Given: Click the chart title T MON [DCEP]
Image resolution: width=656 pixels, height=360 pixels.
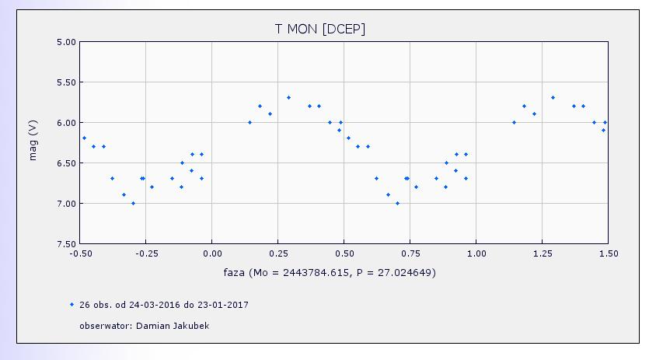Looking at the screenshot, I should pyautogui.click(x=319, y=29).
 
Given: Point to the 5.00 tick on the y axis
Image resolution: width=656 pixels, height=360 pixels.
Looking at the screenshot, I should pyautogui.click(x=67, y=42).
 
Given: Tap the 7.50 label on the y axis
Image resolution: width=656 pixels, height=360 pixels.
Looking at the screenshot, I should pyautogui.click(x=67, y=244).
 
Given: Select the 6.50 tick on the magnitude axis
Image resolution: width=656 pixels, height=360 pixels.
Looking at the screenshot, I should pyautogui.click(x=67, y=163).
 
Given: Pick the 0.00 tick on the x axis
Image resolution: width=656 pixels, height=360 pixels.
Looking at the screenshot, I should pyautogui.click(x=211, y=253).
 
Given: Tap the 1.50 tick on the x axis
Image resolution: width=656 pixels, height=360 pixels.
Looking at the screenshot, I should pyautogui.click(x=608, y=253).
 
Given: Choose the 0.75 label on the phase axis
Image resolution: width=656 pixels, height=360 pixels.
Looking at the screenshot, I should pyautogui.click(x=410, y=253).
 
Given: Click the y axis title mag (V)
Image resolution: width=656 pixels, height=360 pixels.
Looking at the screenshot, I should pyautogui.click(x=33, y=139).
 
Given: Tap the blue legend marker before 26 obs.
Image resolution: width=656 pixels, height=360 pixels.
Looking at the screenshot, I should pyautogui.click(x=72, y=305).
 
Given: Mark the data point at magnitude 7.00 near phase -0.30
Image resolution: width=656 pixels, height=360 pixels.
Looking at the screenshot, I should pyautogui.click(x=133, y=203).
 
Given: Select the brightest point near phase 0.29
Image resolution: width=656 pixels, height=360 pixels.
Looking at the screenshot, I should pyautogui.click(x=288, y=97).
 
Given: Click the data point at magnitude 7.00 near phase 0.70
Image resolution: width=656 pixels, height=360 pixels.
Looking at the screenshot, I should pyautogui.click(x=397, y=203).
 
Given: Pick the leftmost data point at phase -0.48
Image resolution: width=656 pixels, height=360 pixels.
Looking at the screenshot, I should pyautogui.click(x=84, y=138).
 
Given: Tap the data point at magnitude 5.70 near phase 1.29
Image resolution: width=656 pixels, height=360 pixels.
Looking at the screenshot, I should pyautogui.click(x=553, y=97).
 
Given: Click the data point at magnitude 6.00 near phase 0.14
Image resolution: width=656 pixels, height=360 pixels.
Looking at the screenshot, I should pyautogui.click(x=249, y=122).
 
